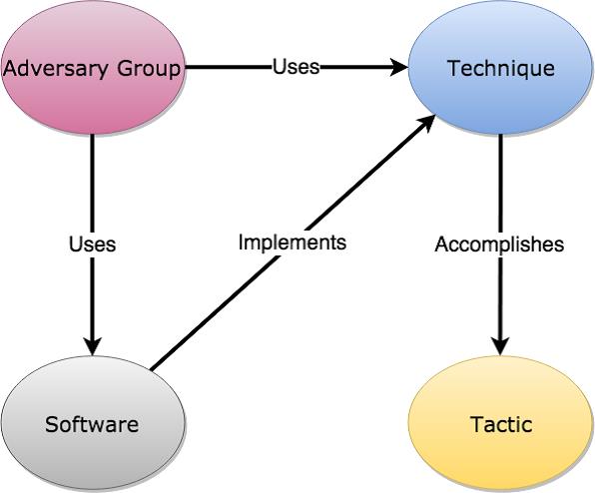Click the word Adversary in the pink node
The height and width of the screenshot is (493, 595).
pyautogui.click(x=56, y=70)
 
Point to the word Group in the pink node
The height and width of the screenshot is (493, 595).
pyautogui.click(x=149, y=70)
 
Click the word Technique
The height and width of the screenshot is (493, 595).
pyautogui.click(x=501, y=69)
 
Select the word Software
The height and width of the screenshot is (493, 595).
pyautogui.click(x=92, y=424)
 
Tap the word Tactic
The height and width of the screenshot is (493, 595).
pyautogui.click(x=501, y=424)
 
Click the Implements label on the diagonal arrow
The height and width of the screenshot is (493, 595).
pyautogui.click(x=293, y=242)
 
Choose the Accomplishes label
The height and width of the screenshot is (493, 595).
pyautogui.click(x=499, y=245)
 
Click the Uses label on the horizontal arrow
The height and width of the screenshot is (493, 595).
pyautogui.click(x=296, y=66)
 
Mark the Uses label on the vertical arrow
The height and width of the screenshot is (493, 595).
pyautogui.click(x=92, y=244)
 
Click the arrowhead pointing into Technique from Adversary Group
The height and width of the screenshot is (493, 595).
pyautogui.click(x=399, y=67)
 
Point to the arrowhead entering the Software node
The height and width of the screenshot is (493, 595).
pyautogui.click(x=93, y=346)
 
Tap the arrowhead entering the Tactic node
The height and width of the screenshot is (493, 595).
pyautogui.click(x=500, y=346)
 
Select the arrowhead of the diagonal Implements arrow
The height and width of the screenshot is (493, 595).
pyautogui.click(x=427, y=123)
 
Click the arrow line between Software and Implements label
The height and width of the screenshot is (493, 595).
pyautogui.click(x=216, y=313)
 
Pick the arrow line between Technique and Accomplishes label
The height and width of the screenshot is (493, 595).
pyautogui.click(x=500, y=185)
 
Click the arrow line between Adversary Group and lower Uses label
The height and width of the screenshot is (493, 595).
pyautogui.click(x=93, y=185)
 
